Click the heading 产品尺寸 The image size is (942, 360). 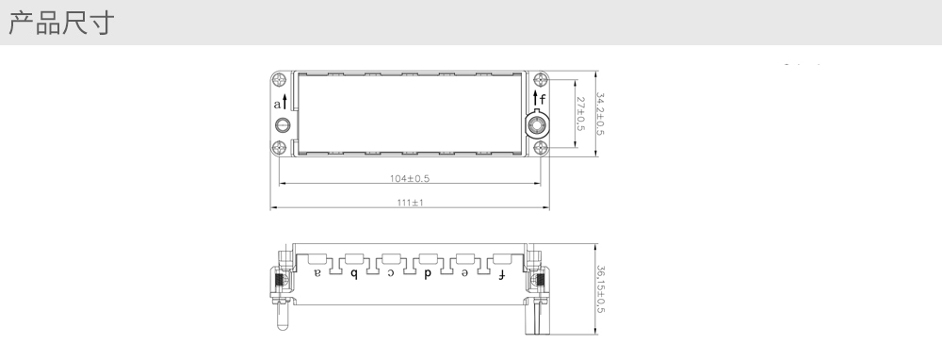coord(60,23)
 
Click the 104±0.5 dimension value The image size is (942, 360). coord(409,178)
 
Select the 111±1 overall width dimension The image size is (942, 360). coord(410,203)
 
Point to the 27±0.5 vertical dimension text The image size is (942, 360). coord(580,114)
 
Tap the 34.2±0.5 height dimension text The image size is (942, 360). coord(599,114)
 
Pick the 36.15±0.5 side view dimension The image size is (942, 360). coord(599,289)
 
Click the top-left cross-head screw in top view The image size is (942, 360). coord(279,79)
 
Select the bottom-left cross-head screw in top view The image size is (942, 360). coord(279,147)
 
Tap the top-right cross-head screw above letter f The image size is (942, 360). coord(541,79)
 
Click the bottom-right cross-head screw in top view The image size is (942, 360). coord(541,147)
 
